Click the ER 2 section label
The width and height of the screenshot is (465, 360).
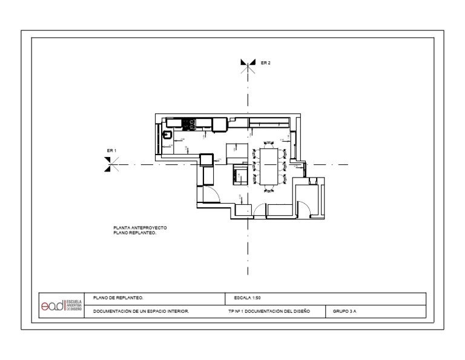265,62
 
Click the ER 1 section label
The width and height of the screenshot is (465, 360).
111,150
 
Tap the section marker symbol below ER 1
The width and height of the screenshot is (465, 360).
108,164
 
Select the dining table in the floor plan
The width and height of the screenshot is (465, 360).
268,165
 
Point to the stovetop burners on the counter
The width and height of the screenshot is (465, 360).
188,124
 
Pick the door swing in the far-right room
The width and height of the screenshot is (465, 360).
303,209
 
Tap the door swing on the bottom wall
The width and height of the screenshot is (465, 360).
260,210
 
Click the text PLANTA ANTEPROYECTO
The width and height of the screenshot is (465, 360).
140,228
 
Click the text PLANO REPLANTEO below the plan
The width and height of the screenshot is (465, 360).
134,233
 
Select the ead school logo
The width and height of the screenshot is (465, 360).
61,305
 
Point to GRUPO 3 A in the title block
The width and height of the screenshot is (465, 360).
345,312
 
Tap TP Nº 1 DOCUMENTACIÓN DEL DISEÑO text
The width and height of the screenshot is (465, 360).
269,312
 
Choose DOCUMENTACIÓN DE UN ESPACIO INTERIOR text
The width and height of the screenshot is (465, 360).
141,312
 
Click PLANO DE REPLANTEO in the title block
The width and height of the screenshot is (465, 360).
118,298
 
